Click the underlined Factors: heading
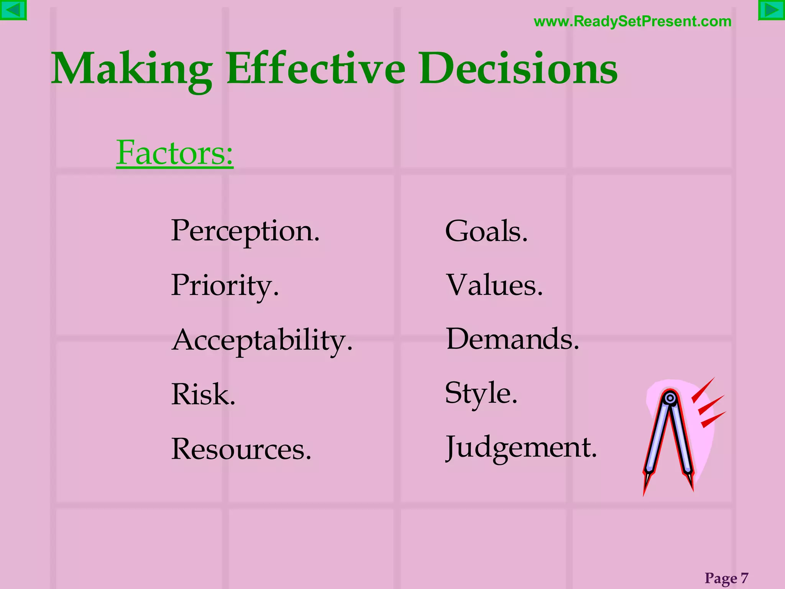tap(175, 153)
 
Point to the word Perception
tap(245, 231)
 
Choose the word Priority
tap(225, 286)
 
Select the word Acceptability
tap(262, 340)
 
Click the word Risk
tap(203, 394)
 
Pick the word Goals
tap(486, 231)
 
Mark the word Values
tap(494, 286)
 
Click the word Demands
tap(512, 339)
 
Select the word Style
tap(481, 393)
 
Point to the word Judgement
tap(521, 448)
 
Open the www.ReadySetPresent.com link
tap(632, 21)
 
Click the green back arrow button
tap(13, 10)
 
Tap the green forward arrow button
tap(772, 10)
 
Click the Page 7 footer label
tap(726, 578)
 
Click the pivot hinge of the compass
tap(670, 398)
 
